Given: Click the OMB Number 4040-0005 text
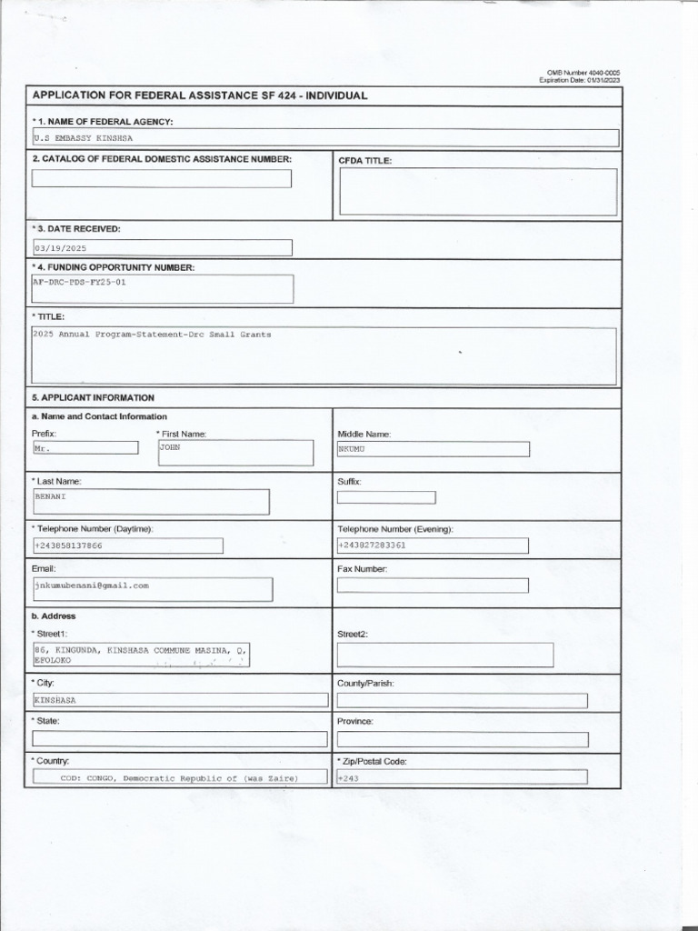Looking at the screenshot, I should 583,73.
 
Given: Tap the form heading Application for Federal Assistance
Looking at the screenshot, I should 200,95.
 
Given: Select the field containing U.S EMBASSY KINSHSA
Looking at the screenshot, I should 324,138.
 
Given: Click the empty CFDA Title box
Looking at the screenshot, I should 478,192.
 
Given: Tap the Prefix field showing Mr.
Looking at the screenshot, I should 85,448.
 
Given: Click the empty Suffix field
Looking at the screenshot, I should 385,497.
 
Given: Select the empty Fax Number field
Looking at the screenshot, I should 432,585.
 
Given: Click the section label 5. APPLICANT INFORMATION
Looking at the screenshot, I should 94,398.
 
